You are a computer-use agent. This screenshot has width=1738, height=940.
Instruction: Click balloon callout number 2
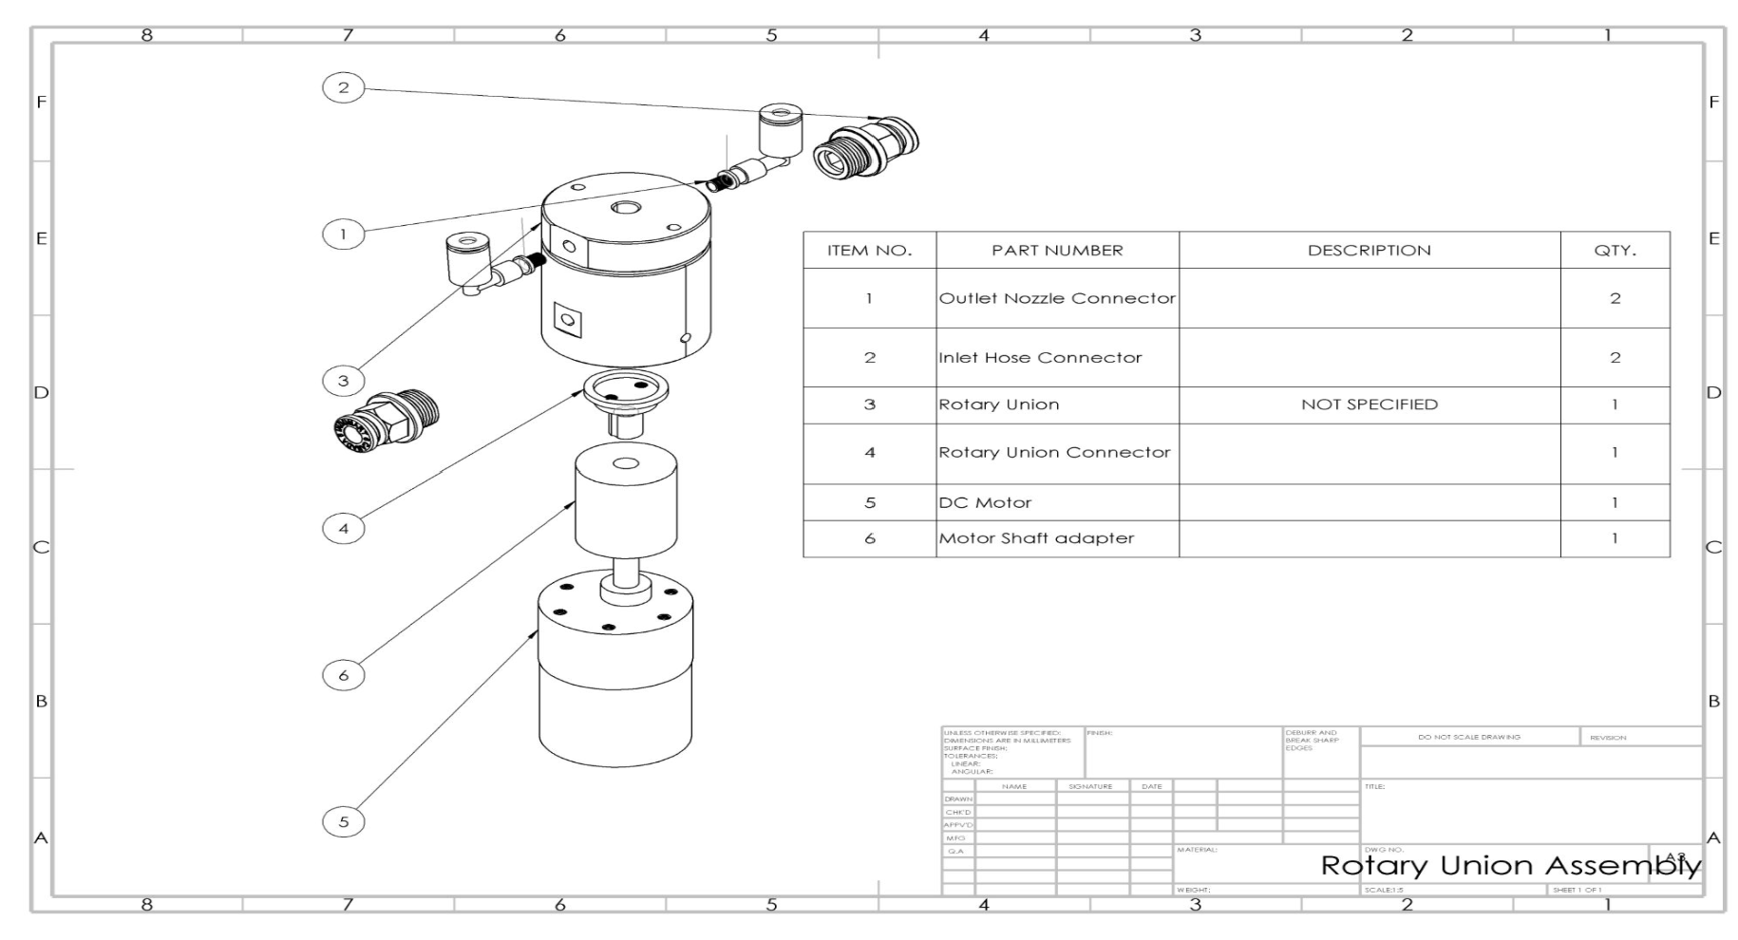tap(343, 87)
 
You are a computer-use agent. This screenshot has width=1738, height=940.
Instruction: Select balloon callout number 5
tap(343, 821)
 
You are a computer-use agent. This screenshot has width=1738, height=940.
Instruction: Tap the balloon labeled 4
tap(343, 528)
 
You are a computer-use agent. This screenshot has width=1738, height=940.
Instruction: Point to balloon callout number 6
tap(343, 675)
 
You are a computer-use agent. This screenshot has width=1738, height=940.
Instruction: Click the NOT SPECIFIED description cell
tap(1369, 404)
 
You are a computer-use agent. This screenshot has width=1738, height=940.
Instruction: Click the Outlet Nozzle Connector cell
tap(1057, 298)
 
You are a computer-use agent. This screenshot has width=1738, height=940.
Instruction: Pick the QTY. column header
tap(1615, 251)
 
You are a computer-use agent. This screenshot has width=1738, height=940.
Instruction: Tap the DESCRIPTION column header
tap(1369, 251)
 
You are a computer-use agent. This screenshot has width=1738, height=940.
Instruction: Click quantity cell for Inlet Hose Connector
tap(1615, 358)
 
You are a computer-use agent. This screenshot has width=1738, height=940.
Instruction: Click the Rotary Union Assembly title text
tap(1510, 865)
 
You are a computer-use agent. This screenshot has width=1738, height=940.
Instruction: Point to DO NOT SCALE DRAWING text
tap(1468, 737)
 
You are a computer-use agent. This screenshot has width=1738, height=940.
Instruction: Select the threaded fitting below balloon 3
tap(386, 419)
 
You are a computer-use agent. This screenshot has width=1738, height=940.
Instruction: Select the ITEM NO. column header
tap(869, 251)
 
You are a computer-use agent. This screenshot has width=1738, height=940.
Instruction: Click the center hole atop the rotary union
tap(626, 208)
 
